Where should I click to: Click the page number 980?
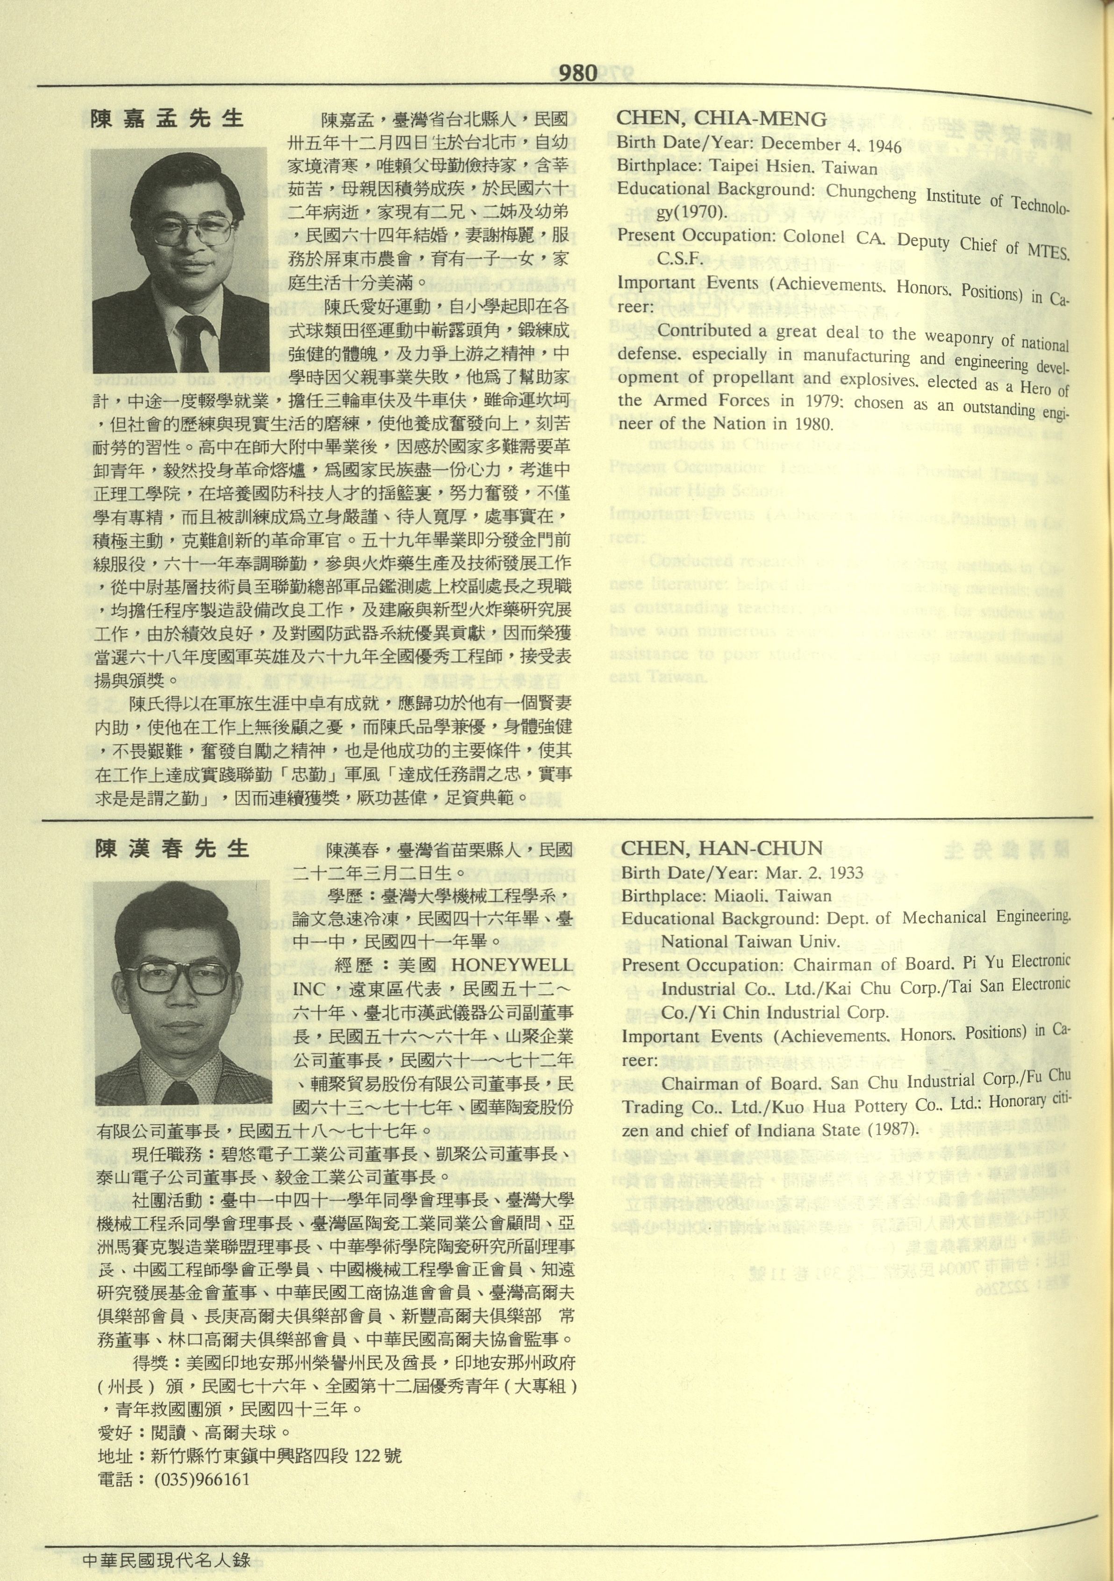[577, 73]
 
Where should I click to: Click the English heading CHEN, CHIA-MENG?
[721, 119]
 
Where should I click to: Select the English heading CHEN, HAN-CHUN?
[721, 849]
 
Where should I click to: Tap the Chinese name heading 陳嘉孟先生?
[167, 119]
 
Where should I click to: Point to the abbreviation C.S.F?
[679, 258]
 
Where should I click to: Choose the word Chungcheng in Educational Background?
[871, 192]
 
